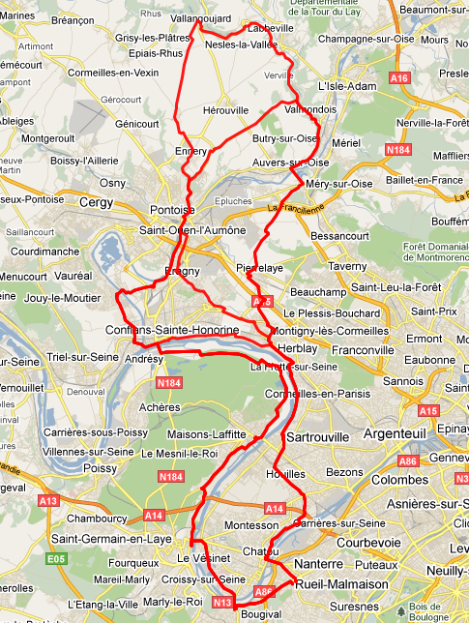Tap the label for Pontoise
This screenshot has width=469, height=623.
click(173, 210)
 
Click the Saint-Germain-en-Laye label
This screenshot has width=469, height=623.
click(103, 539)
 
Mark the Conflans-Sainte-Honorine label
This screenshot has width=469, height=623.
click(171, 331)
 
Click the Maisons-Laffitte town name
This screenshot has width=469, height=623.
click(206, 433)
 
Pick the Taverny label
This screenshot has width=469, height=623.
click(347, 265)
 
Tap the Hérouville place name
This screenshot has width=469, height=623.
click(228, 111)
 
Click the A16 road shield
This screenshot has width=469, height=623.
click(398, 77)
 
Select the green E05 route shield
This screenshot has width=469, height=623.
click(58, 558)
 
